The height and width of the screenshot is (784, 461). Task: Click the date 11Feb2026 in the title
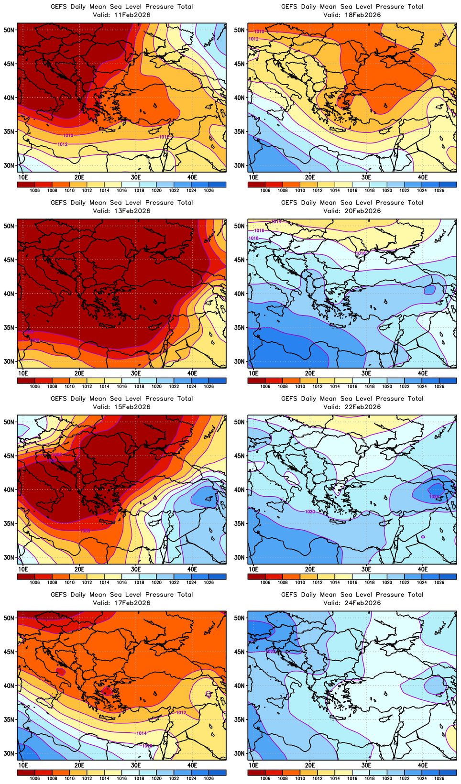click(132, 15)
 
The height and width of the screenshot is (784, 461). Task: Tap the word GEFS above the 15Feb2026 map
click(59, 399)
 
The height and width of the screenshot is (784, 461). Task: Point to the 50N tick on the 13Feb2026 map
click(9, 226)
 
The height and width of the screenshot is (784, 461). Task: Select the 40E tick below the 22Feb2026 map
click(423, 569)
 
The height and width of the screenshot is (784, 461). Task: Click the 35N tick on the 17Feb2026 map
click(9, 719)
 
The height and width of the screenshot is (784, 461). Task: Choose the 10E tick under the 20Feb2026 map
click(253, 373)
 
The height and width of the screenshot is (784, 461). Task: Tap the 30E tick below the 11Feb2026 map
click(136, 177)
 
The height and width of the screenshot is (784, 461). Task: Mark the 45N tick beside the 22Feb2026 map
click(240, 456)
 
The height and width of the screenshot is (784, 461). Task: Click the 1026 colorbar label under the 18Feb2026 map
click(439, 191)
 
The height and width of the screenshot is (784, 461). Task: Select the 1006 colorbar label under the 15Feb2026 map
click(35, 583)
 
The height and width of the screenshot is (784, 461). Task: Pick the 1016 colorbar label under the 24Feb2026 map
click(352, 779)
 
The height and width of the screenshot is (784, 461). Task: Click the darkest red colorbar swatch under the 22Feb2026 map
click(256, 577)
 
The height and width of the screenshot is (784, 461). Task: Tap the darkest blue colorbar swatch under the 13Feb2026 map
click(218, 381)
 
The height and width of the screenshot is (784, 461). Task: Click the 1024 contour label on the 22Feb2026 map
click(434, 497)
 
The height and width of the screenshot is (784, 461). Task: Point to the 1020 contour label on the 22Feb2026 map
click(310, 512)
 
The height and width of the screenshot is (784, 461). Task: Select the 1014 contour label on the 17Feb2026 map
click(142, 733)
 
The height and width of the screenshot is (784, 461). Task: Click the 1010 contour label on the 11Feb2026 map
click(68, 136)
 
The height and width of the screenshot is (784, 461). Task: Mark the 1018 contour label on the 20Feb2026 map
click(253, 238)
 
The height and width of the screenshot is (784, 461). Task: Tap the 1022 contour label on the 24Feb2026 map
click(270, 652)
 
